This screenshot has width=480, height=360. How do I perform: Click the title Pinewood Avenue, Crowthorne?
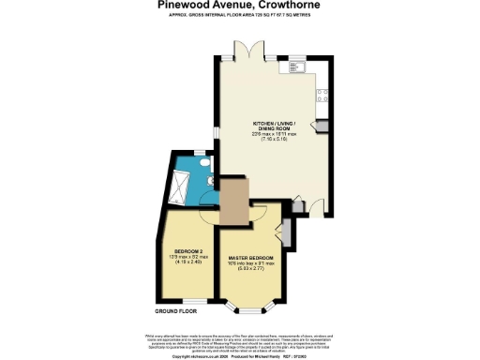[x=239, y=6]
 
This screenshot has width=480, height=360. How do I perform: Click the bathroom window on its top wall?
[x=199, y=152]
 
